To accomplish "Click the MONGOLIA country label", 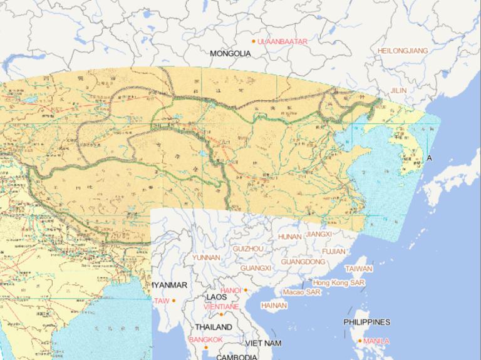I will [230, 54].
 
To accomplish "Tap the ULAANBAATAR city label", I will [282, 41].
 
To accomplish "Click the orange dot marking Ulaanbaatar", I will [254, 41].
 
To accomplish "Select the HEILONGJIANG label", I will [403, 50].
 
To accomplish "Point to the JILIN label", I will [398, 91].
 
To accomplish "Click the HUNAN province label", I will [289, 237].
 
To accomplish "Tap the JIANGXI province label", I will [319, 234].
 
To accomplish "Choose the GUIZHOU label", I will [248, 249].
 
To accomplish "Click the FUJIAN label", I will [333, 251].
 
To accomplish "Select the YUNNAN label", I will [206, 257].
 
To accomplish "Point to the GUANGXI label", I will [256, 268].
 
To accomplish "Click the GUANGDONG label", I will [303, 262].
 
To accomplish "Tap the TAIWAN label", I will [359, 269].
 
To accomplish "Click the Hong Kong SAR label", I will [339, 283].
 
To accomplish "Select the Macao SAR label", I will [301, 292].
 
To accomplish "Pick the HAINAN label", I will [274, 306].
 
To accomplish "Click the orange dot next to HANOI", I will [246, 290].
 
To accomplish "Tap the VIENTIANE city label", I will [220, 307].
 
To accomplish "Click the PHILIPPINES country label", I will [367, 322].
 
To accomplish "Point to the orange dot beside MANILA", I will [359, 341].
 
